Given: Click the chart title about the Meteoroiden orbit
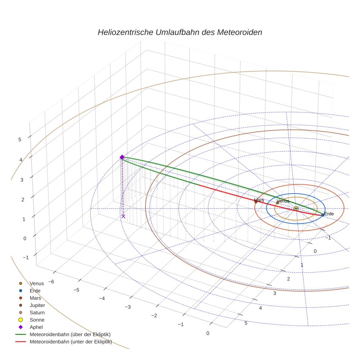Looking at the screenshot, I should click(180, 32).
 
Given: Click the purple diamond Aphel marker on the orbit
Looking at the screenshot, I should click(122, 157).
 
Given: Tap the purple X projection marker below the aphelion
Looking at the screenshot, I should click(123, 216).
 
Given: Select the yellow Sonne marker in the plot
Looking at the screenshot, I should click(296, 208).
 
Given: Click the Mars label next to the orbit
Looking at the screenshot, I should click(259, 200).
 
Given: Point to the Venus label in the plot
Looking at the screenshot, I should click(283, 201).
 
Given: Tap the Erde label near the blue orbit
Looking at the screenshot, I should click(329, 214).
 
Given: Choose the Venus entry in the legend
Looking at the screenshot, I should click(37, 283).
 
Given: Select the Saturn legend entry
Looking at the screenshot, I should click(37, 312).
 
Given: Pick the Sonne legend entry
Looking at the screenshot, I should click(37, 320).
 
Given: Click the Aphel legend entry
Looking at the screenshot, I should click(36, 327).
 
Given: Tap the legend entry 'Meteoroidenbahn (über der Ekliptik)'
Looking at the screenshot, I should click(70, 334).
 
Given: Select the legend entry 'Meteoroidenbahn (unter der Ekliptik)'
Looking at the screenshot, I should click(71, 342).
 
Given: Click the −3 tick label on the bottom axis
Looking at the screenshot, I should click(128, 307).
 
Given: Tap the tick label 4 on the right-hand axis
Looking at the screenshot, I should click(260, 308).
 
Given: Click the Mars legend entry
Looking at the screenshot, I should click(35, 298).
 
